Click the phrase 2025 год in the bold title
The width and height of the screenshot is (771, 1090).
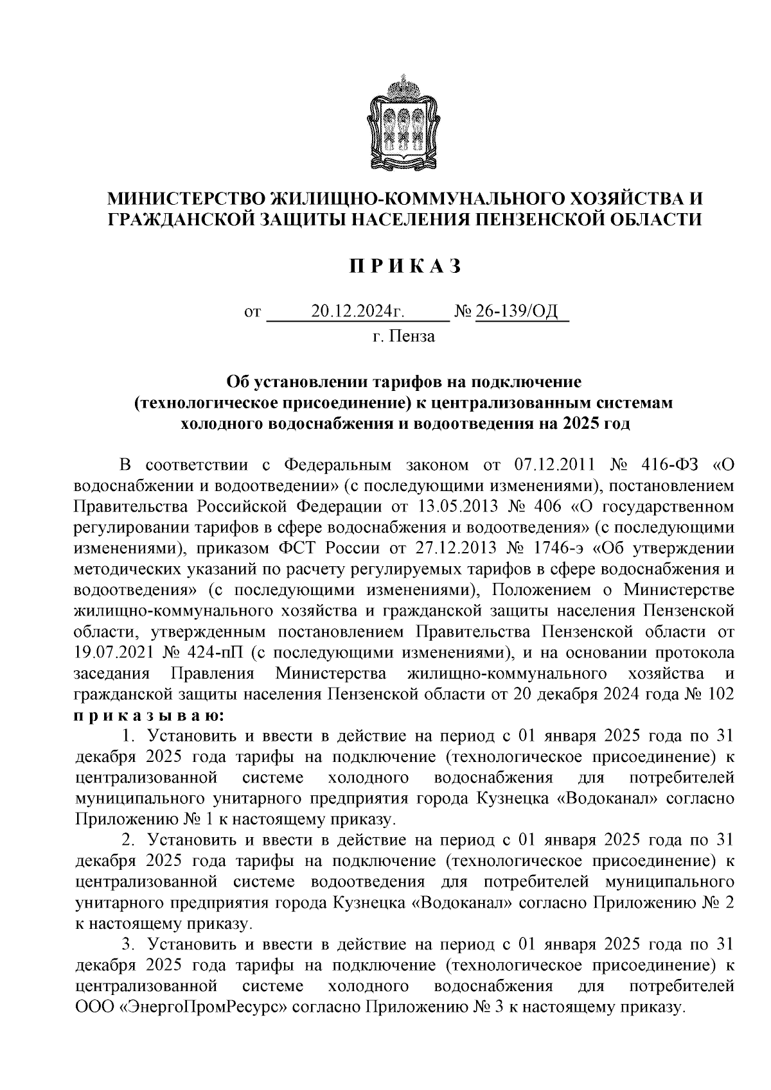pyautogui.click(x=596, y=424)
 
